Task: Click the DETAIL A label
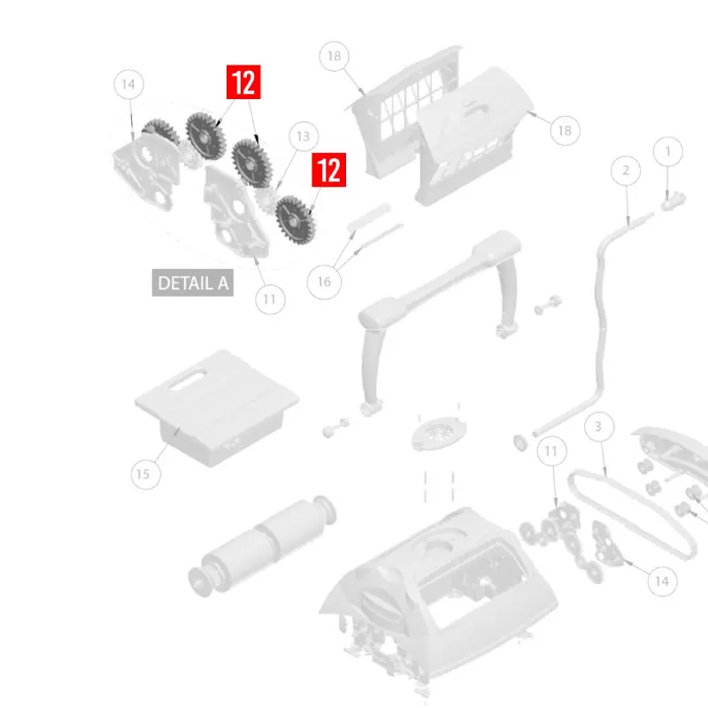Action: click(x=193, y=283)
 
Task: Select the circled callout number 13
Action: click(x=304, y=137)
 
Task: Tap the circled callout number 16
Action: click(x=324, y=281)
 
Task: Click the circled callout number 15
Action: click(x=142, y=474)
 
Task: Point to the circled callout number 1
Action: click(x=668, y=152)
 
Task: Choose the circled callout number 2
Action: click(x=626, y=170)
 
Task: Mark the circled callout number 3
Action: click(x=598, y=427)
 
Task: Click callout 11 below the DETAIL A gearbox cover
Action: click(x=269, y=299)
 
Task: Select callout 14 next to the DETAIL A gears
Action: click(x=128, y=85)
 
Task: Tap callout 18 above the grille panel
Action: click(x=334, y=57)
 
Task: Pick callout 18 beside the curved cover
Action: click(x=565, y=130)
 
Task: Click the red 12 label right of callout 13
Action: click(x=329, y=170)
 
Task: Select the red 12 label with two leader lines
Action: click(x=243, y=82)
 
